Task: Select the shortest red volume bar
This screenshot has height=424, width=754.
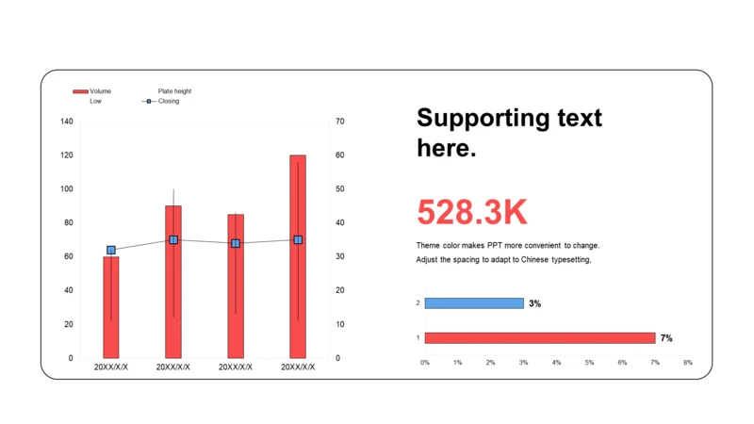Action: click(x=111, y=311)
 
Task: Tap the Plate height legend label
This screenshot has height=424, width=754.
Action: click(x=174, y=91)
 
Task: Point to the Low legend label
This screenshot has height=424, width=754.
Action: click(x=95, y=101)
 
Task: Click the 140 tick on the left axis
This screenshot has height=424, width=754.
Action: click(x=66, y=122)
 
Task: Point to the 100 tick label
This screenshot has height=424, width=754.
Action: click(x=66, y=189)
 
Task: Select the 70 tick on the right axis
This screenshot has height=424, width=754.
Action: click(x=339, y=122)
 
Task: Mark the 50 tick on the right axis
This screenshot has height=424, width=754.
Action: click(x=339, y=189)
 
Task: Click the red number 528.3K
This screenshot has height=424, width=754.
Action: click(x=472, y=213)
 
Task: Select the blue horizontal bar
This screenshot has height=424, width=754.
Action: click(x=474, y=303)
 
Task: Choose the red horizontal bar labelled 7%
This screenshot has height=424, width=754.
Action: click(x=539, y=337)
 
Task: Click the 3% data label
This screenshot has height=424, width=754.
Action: click(x=535, y=303)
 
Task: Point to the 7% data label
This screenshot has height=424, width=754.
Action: click(x=666, y=337)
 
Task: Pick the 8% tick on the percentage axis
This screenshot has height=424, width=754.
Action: click(x=688, y=363)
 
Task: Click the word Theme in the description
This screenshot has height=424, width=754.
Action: click(x=429, y=245)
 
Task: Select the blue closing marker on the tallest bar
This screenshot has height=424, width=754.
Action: click(x=298, y=240)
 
